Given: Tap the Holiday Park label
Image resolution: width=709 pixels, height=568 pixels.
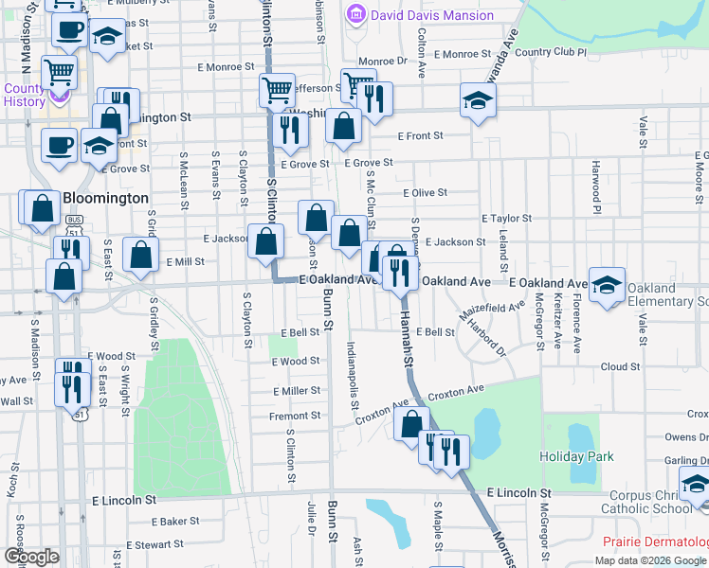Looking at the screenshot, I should pos(576,456).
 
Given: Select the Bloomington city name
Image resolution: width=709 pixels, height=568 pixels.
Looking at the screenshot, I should pos(105,199).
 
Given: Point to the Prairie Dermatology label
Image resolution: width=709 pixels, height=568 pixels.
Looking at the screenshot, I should pos(656,541).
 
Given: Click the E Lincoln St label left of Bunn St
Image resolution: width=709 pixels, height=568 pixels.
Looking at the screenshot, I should pos(123,499).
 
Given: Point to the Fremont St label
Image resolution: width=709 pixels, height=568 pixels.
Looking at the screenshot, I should pos(295,416).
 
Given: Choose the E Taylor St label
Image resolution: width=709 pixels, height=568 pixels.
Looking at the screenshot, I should pos(506,218).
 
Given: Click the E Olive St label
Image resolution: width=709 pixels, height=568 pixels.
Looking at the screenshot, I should pos(425,193).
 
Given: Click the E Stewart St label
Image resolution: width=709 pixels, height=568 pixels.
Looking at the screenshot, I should pos(154,544).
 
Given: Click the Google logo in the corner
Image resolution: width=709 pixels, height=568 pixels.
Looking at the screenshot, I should pos(31,557).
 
